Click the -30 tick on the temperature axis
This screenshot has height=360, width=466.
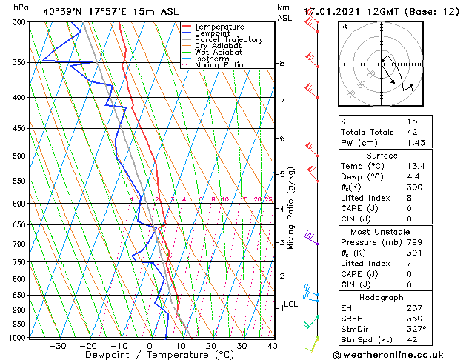(57, 345)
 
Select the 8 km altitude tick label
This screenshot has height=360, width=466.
(282, 64)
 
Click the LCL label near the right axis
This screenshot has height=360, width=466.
(290, 304)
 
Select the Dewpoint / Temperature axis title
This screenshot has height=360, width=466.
(149, 355)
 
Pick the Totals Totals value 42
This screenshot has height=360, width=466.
(412, 132)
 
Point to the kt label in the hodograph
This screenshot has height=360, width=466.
(344, 27)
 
